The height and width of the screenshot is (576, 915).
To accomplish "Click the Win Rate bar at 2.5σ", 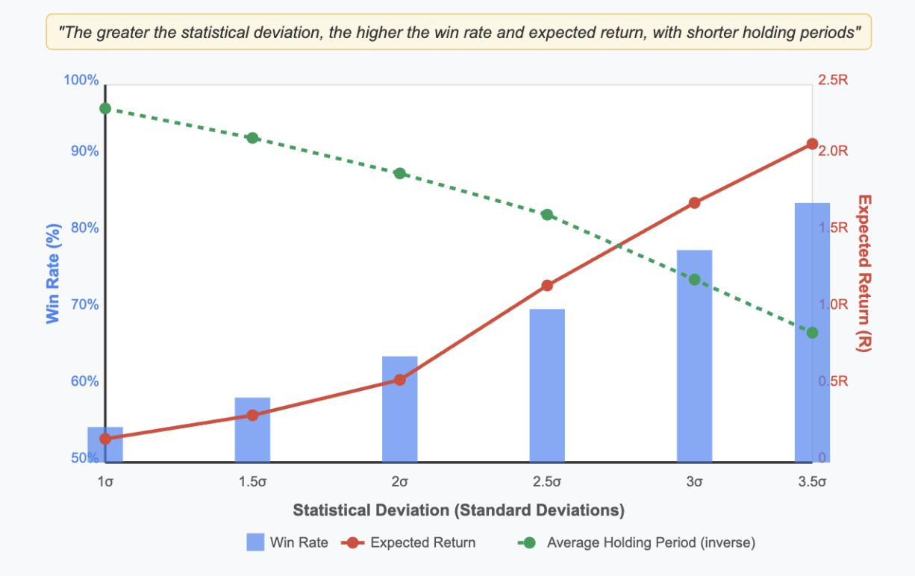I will coord(547,385).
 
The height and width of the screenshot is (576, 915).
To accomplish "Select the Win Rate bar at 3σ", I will coord(694,356).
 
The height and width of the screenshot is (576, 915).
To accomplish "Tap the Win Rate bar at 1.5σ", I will coord(252,430).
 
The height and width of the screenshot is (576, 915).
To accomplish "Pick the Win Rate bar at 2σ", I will coord(399,409).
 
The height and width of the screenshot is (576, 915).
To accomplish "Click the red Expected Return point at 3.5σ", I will coord(812,144).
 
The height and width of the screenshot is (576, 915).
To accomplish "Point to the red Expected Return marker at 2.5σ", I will coord(547,286).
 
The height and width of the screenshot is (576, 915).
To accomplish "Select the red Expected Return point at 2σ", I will coord(399,380).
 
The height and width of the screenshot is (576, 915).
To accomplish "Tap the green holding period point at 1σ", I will coord(105,109).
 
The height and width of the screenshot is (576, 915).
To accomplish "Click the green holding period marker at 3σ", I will coord(694,280).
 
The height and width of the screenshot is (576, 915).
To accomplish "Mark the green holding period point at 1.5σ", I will coord(252,138).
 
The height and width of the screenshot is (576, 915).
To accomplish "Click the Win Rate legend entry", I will coord(287,542).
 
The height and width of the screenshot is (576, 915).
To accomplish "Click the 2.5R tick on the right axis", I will coord(834,80).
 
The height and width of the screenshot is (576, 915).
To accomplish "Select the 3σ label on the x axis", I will coord(694,481).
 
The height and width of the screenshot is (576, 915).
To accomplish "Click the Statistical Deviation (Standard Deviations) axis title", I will coord(458,511).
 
